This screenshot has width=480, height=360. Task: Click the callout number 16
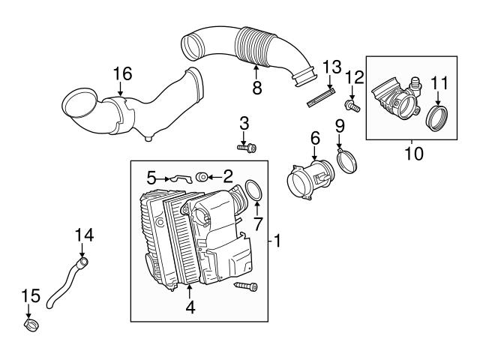[121, 73]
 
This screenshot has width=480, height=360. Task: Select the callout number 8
[256, 88]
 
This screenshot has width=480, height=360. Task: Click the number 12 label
[354, 77]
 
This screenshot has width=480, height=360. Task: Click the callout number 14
[85, 235]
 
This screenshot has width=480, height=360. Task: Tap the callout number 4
[190, 307]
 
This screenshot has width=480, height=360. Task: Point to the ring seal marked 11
[436, 118]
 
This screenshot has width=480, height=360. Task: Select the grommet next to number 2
[202, 178]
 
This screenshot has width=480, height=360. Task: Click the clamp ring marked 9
[346, 159]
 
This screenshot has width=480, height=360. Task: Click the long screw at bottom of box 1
[245, 287]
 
